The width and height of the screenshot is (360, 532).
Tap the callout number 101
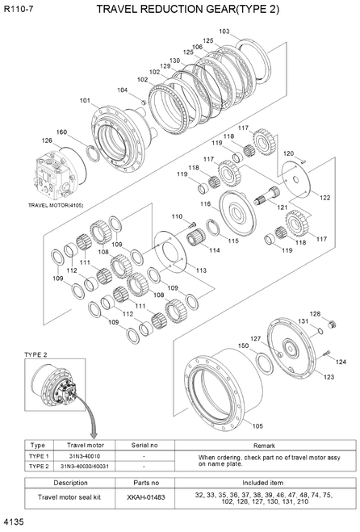[85, 101]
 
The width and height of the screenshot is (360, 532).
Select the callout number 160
[61, 132]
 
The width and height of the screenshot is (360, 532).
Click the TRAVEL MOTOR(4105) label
[56, 205]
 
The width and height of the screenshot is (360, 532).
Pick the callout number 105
[257, 425]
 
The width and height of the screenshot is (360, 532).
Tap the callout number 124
[340, 362]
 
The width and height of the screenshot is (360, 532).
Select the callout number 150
[243, 346]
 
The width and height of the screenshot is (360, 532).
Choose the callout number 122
[324, 198]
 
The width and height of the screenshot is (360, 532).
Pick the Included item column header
[263, 482]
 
